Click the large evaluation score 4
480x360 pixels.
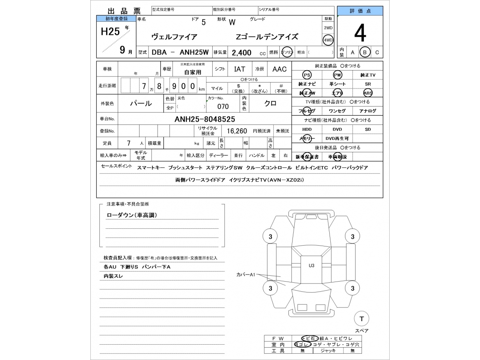point(360,33)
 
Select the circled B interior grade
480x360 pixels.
point(364,52)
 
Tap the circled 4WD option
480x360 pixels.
point(328,40)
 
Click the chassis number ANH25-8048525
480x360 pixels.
point(205,119)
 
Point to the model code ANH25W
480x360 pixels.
point(194,52)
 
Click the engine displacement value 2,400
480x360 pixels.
point(241,53)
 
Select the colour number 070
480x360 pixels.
point(223,106)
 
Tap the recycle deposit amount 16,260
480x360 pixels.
point(237,131)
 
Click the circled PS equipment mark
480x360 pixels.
point(307,75)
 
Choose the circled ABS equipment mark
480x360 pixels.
point(367,93)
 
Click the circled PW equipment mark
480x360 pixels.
point(337,75)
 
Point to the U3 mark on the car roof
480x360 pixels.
point(312,265)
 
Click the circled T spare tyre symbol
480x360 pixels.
point(361,319)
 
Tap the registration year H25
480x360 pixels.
point(110,31)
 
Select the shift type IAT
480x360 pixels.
point(240,69)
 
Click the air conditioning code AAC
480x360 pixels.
point(279,69)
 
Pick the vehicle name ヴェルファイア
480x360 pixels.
point(174,37)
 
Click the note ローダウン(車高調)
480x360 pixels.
point(132,215)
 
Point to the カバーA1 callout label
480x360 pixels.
point(246,274)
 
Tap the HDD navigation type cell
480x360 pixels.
point(307,129)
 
